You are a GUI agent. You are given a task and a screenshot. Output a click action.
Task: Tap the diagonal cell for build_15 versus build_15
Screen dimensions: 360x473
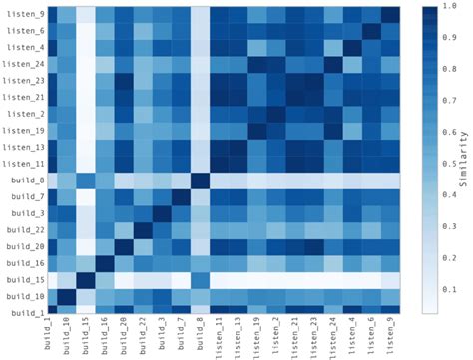point(86,280)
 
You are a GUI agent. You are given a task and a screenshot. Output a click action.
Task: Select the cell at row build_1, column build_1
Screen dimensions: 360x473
point(48,313)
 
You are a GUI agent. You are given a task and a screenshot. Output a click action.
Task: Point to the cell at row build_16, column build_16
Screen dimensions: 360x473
point(105,263)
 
